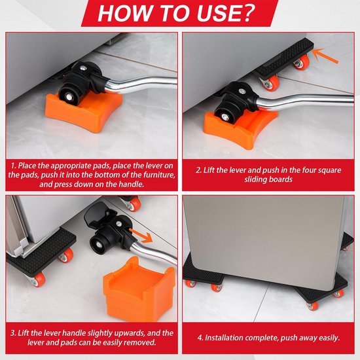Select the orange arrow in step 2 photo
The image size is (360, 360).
tap(325, 56)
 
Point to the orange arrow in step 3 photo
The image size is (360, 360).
tap(141, 235)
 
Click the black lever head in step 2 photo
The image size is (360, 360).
tap(236, 101)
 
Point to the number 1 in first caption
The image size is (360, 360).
tap(13, 166)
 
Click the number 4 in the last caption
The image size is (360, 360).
tap(200, 338)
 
